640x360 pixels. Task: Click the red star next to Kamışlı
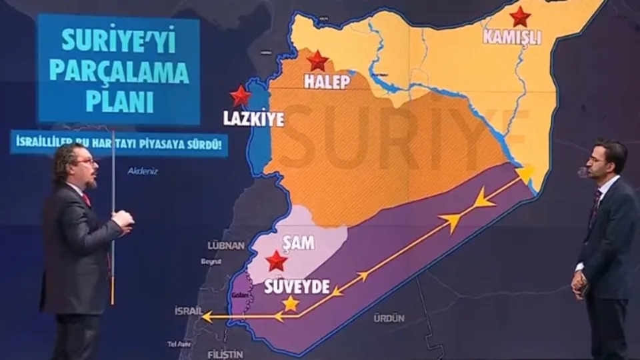click(519, 17)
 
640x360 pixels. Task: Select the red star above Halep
click(318, 61)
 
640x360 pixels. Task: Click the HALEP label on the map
click(326, 81)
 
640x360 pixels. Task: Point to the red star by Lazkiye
click(240, 96)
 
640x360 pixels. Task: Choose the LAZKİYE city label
click(254, 119)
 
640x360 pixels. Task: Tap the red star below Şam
click(276, 261)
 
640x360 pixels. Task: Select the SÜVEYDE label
click(297, 287)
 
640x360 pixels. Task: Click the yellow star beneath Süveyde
click(291, 304)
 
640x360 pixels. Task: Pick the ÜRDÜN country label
click(389, 318)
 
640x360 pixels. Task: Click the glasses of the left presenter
click(85, 161)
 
